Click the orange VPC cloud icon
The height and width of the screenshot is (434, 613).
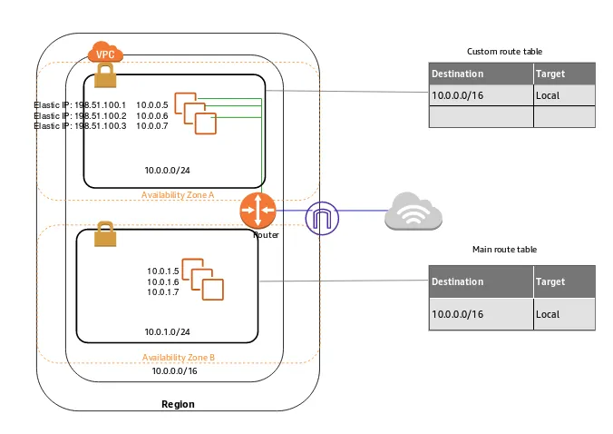104,54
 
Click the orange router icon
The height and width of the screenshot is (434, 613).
257,210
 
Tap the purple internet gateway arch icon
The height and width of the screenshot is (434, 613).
322,218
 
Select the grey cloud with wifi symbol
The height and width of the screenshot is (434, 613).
413,212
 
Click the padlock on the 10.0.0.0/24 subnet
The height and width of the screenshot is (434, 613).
102,77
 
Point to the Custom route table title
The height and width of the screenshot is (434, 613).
510,52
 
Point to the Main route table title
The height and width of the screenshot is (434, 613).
510,249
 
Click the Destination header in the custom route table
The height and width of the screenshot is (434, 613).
458,74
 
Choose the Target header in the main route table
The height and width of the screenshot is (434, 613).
550,281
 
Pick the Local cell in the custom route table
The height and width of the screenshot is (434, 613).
548,94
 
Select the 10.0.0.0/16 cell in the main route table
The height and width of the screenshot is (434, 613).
458,314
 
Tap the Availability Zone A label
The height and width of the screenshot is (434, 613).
178,195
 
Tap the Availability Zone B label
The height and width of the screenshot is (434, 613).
178,358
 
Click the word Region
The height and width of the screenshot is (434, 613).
178,404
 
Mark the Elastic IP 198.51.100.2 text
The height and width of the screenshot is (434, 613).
80,115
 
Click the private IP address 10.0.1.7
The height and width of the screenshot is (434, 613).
163,291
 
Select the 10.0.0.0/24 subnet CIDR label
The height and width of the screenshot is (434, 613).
167,170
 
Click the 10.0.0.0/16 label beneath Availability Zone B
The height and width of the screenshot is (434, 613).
174,371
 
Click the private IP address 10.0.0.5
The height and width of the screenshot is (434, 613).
152,104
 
